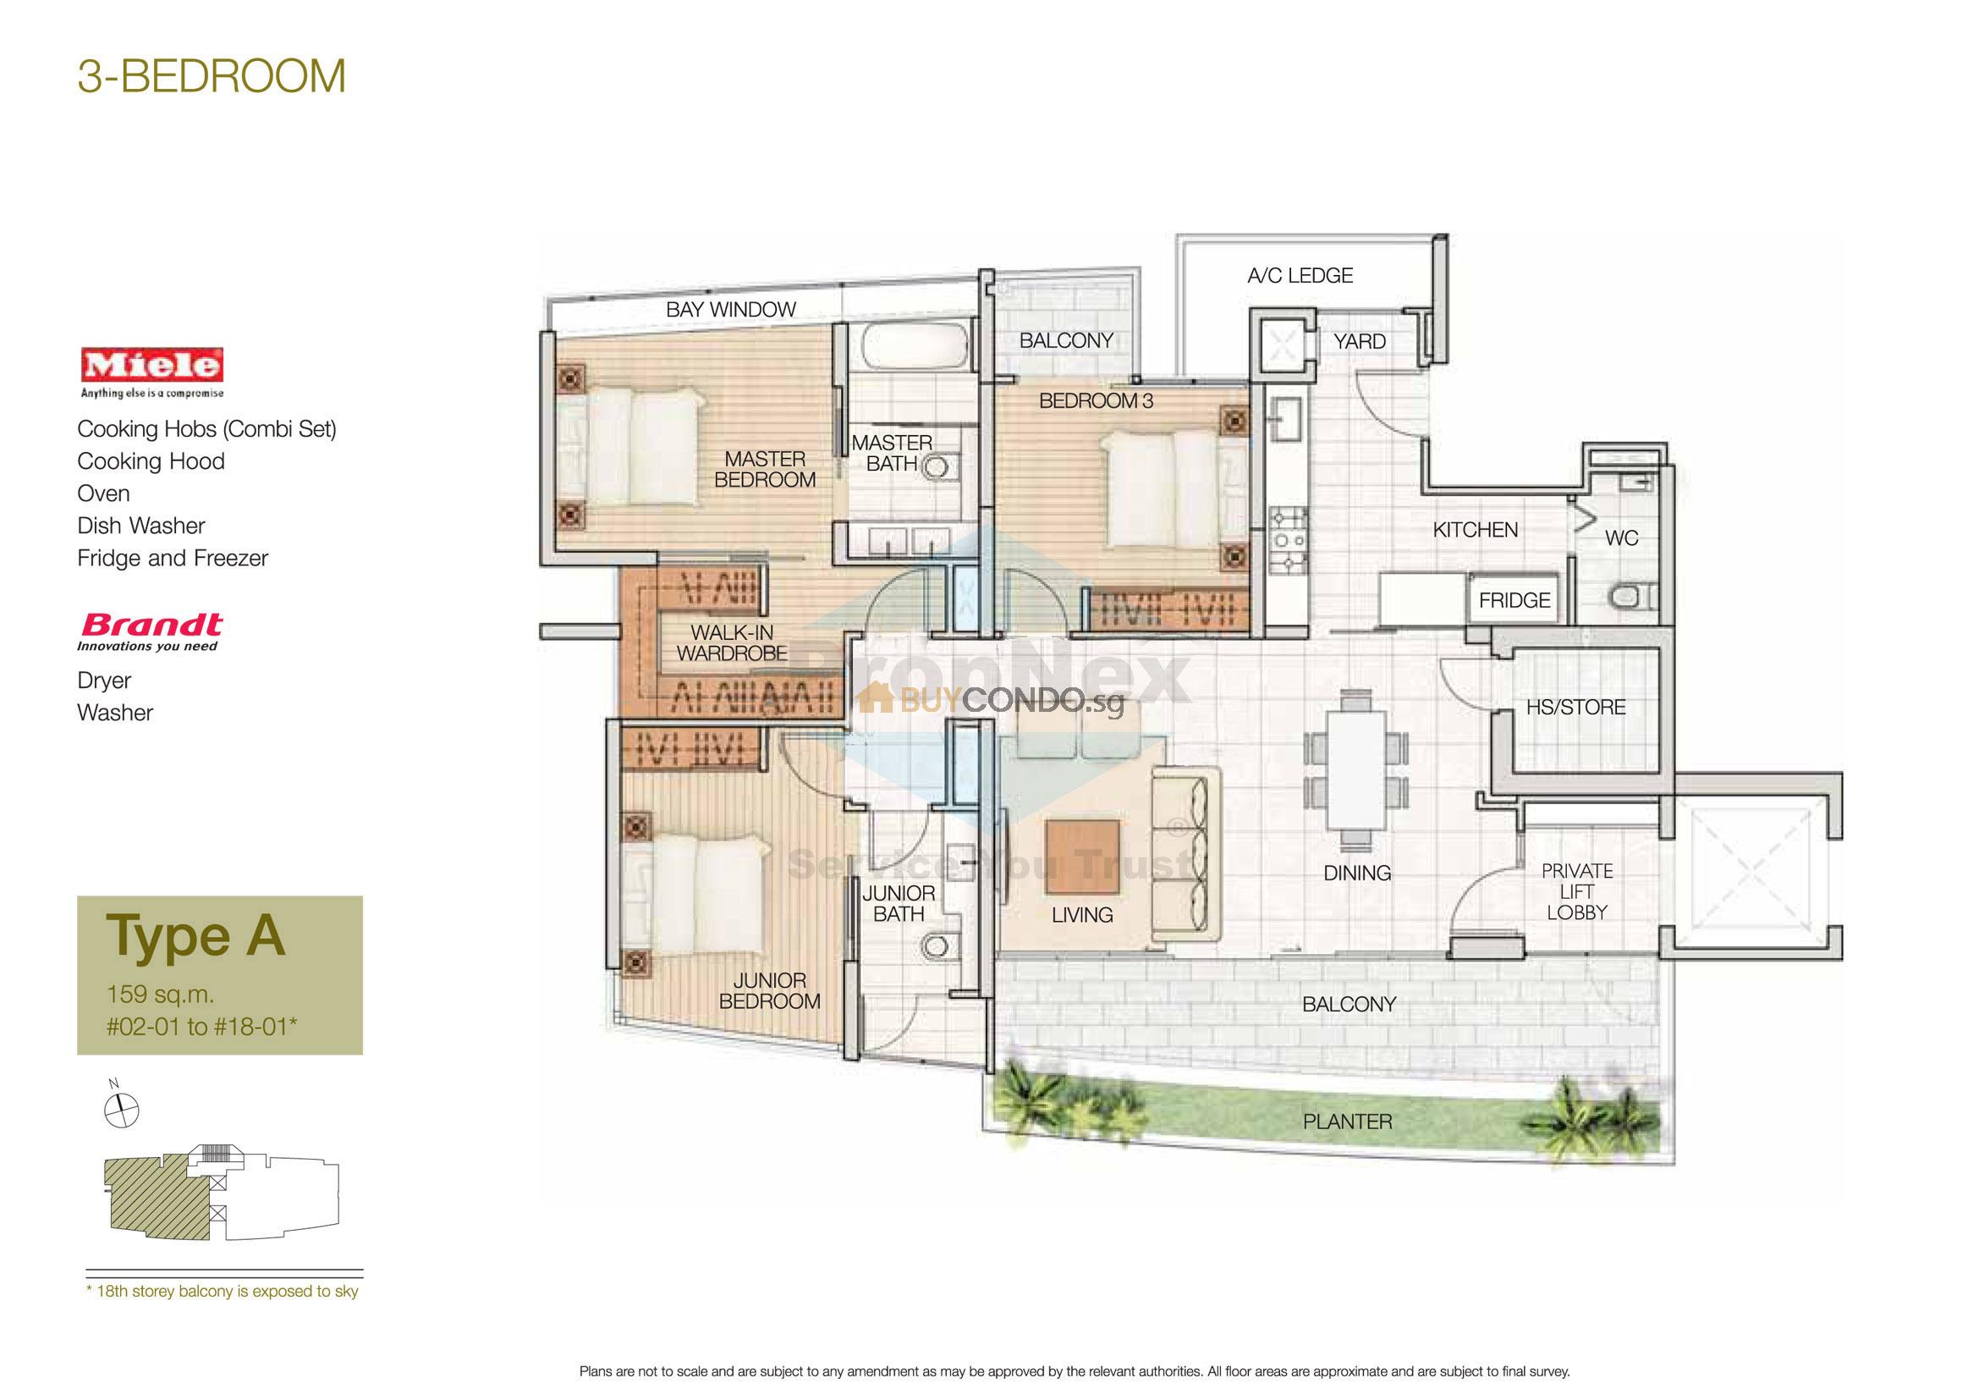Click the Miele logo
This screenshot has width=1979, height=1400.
click(151, 366)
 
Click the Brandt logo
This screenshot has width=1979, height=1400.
click(151, 626)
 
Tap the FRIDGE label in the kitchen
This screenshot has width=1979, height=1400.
click(1514, 600)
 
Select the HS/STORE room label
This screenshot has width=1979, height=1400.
click(1575, 707)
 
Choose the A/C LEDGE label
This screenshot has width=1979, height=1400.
click(1299, 276)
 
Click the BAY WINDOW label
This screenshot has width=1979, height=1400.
click(730, 310)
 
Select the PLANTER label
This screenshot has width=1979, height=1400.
click(1346, 1122)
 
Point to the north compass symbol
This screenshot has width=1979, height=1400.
click(122, 1110)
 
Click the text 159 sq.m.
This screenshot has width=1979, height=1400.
click(159, 994)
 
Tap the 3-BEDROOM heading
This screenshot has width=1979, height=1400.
click(212, 76)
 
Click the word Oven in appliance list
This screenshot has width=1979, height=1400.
click(103, 493)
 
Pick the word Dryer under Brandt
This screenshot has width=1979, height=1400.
click(104, 681)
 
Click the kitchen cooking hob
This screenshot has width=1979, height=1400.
click(1288, 541)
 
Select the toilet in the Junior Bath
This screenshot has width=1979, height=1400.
click(932, 947)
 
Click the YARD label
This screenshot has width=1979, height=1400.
click(1359, 341)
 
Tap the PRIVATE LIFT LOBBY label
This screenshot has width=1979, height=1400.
click(1576, 891)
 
